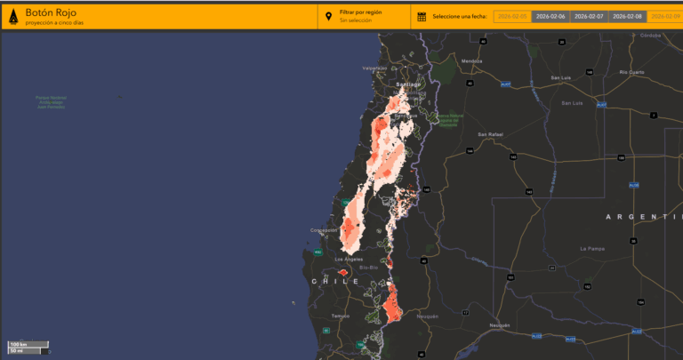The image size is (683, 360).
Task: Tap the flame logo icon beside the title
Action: (x=12, y=16)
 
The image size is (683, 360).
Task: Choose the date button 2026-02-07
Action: (x=589, y=16)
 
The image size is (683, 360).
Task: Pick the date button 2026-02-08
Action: (x=627, y=16)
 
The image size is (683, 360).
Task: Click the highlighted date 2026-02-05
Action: (x=513, y=16)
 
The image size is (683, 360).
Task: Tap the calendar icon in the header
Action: (x=422, y=16)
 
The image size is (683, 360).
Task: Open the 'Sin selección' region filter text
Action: (x=356, y=20)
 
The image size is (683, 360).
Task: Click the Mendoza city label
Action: (x=471, y=60)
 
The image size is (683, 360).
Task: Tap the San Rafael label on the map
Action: (x=491, y=134)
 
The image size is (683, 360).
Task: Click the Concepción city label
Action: (x=324, y=230)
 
